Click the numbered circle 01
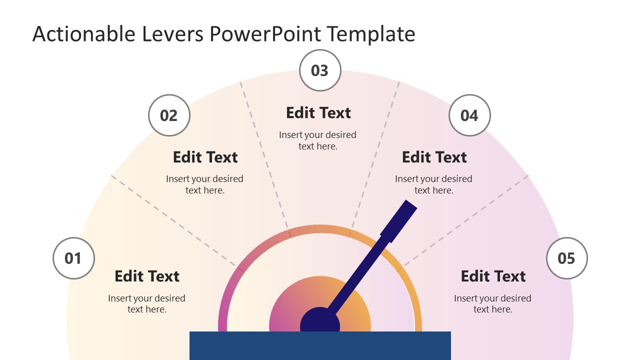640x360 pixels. click(x=73, y=258)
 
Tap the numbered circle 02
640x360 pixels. click(x=169, y=115)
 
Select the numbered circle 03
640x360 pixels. click(x=320, y=70)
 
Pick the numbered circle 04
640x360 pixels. click(x=469, y=115)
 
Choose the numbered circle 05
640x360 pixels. click(x=566, y=258)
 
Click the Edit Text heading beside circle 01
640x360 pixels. click(x=147, y=276)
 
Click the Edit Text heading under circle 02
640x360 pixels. click(x=205, y=157)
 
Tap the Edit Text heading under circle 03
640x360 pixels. click(x=318, y=113)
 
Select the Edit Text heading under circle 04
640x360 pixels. click(x=434, y=157)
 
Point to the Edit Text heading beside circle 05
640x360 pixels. click(x=493, y=276)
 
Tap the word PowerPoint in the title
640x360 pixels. click(x=265, y=34)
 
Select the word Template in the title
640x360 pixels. click(x=371, y=34)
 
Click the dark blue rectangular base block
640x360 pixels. click(x=320, y=345)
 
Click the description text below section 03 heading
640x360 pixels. click(x=318, y=140)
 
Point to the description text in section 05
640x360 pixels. click(x=492, y=303)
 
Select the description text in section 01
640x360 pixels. click(x=146, y=303)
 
